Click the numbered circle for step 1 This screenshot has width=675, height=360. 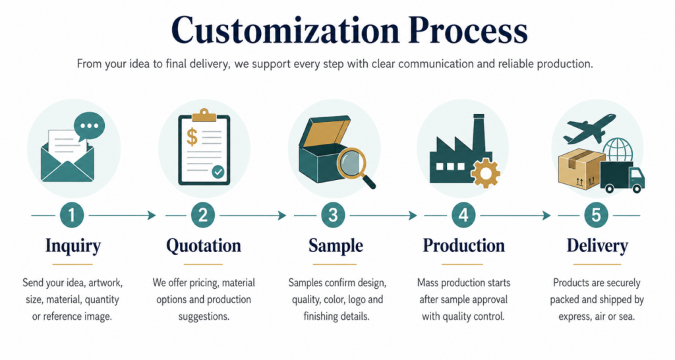71,215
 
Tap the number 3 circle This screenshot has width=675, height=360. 333,215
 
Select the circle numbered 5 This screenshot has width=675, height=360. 596,215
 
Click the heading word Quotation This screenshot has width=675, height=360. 204,246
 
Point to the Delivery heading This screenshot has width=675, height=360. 597,246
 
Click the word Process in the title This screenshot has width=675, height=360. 469,30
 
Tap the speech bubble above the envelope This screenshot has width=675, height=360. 89,126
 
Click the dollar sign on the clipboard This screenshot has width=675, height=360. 192,136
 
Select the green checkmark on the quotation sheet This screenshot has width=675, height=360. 218,172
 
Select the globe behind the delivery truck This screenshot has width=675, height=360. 618,150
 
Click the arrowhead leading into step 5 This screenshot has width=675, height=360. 546,215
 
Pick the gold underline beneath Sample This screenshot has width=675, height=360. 334,264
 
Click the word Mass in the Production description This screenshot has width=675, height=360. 427,283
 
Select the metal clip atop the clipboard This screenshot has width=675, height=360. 204,115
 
